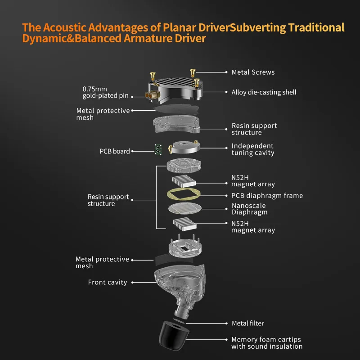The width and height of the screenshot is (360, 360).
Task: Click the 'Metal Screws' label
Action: tap(253, 72)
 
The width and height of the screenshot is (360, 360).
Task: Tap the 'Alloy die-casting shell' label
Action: tap(264, 92)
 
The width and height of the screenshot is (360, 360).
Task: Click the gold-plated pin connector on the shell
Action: tap(150, 95)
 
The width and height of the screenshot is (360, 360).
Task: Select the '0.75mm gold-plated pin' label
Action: tap(105, 92)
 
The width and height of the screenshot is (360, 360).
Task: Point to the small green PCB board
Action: tap(158, 149)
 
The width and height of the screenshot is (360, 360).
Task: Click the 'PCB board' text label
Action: tap(115, 151)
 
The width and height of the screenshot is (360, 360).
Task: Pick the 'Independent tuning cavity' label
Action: tap(252, 149)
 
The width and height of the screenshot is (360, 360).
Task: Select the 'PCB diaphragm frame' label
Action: tap(267, 196)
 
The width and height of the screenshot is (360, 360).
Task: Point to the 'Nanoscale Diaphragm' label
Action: tap(249, 209)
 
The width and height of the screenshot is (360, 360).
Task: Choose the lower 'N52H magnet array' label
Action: tap(253, 227)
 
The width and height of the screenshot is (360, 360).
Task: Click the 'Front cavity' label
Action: tap(108, 283)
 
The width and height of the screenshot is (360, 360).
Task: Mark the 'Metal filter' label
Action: tap(247, 323)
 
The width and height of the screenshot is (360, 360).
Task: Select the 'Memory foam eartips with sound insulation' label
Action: tap(267, 343)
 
